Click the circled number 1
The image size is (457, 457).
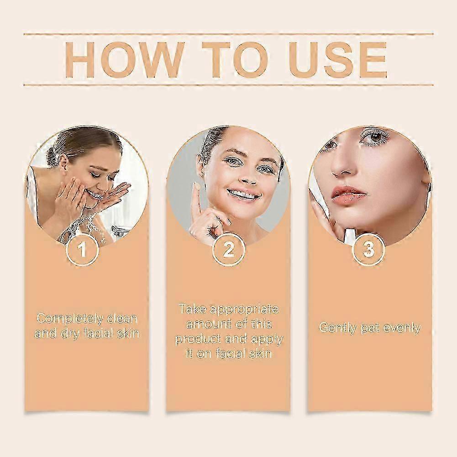click(83, 250)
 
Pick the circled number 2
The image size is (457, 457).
click(228, 250)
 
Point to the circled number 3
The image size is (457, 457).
click(368, 250)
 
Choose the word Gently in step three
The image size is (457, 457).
click(338, 328)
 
